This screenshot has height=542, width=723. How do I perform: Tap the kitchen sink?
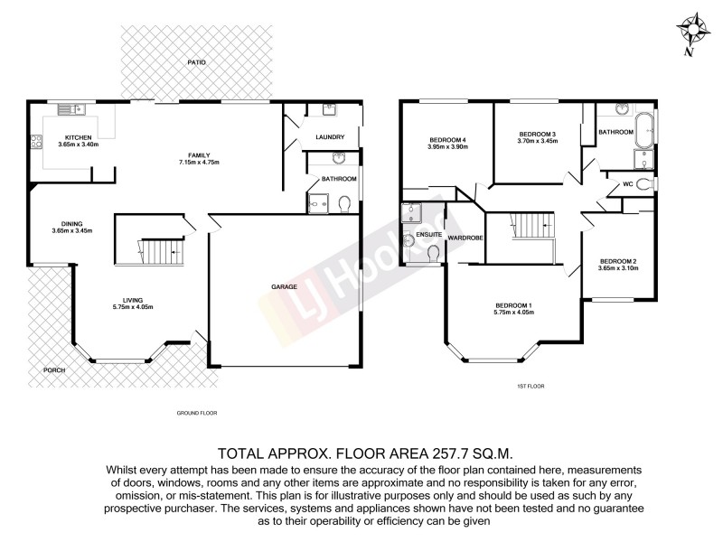pyautogui.click(x=70, y=110)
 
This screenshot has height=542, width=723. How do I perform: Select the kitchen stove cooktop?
pyautogui.click(x=37, y=141)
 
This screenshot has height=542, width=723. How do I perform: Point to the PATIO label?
pyautogui.click(x=197, y=62)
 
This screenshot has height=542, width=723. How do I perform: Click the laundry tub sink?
pyautogui.click(x=327, y=110)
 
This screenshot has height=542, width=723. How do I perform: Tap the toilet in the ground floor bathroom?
pyautogui.click(x=343, y=206)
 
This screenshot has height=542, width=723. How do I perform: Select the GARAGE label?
pyautogui.click(x=284, y=287)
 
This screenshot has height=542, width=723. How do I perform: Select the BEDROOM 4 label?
pyautogui.click(x=447, y=139)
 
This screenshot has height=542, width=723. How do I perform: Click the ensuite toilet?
pyautogui.click(x=431, y=257)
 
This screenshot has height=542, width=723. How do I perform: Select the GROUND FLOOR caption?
pyautogui.click(x=197, y=413)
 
